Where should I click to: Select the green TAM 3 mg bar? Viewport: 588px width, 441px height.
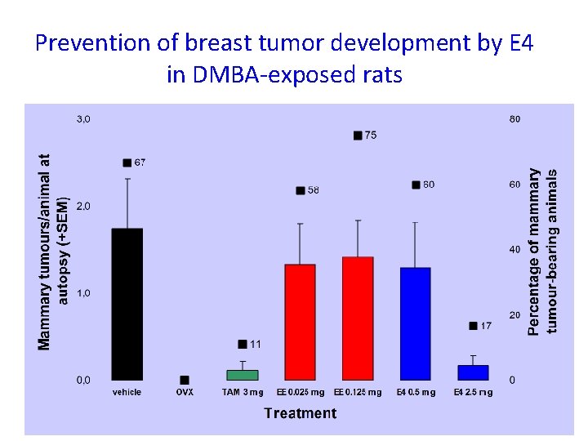(242, 375)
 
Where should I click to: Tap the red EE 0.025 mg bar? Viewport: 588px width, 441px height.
(300, 322)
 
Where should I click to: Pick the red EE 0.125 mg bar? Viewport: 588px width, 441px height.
(358, 318)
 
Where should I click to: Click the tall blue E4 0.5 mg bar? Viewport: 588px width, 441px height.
(416, 323)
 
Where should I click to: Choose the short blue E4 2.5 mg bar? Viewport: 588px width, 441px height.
(473, 372)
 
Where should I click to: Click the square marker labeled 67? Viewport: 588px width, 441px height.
(127, 163)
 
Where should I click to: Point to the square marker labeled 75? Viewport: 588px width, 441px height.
(358, 136)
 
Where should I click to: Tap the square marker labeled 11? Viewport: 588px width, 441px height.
(242, 344)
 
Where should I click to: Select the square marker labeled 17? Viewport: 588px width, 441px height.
(473, 326)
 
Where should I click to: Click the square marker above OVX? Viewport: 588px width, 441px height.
(185, 380)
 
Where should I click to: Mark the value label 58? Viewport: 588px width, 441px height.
(314, 190)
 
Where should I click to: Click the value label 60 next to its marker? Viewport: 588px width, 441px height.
(429, 185)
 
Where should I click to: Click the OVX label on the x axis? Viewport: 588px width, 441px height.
(185, 393)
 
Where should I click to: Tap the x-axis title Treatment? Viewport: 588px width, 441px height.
(300, 413)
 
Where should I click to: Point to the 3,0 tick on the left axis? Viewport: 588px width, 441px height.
(84, 119)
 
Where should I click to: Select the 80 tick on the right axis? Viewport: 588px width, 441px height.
(514, 119)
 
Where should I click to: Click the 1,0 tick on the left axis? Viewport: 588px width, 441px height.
(84, 293)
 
